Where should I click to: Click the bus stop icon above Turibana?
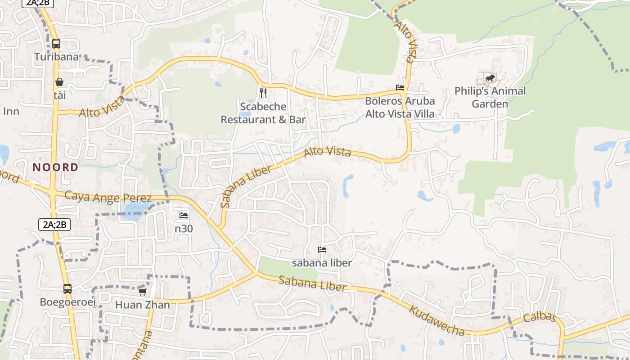click(56, 44)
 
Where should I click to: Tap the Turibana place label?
click(57, 57)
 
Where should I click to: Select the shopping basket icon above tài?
click(59, 82)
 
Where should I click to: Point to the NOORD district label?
click(55, 167)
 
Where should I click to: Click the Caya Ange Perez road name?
click(108, 197)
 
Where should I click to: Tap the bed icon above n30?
click(184, 216)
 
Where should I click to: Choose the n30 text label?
click(184, 229)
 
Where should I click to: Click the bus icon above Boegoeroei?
click(67, 289)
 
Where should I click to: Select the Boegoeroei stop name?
click(68, 301)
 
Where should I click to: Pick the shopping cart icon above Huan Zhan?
click(143, 292)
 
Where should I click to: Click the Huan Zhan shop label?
click(143, 305)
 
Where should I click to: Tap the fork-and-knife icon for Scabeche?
click(263, 93)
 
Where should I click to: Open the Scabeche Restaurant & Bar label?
click(263, 113)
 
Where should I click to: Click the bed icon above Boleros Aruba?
click(400, 88)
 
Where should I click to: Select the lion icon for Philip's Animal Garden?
click(490, 79)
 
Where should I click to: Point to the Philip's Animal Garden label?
click(490, 97)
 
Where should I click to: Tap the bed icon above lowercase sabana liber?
click(322, 249)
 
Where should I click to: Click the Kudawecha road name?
click(436, 320)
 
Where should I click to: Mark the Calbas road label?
click(540, 317)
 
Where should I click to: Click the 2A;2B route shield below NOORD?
click(54, 224)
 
